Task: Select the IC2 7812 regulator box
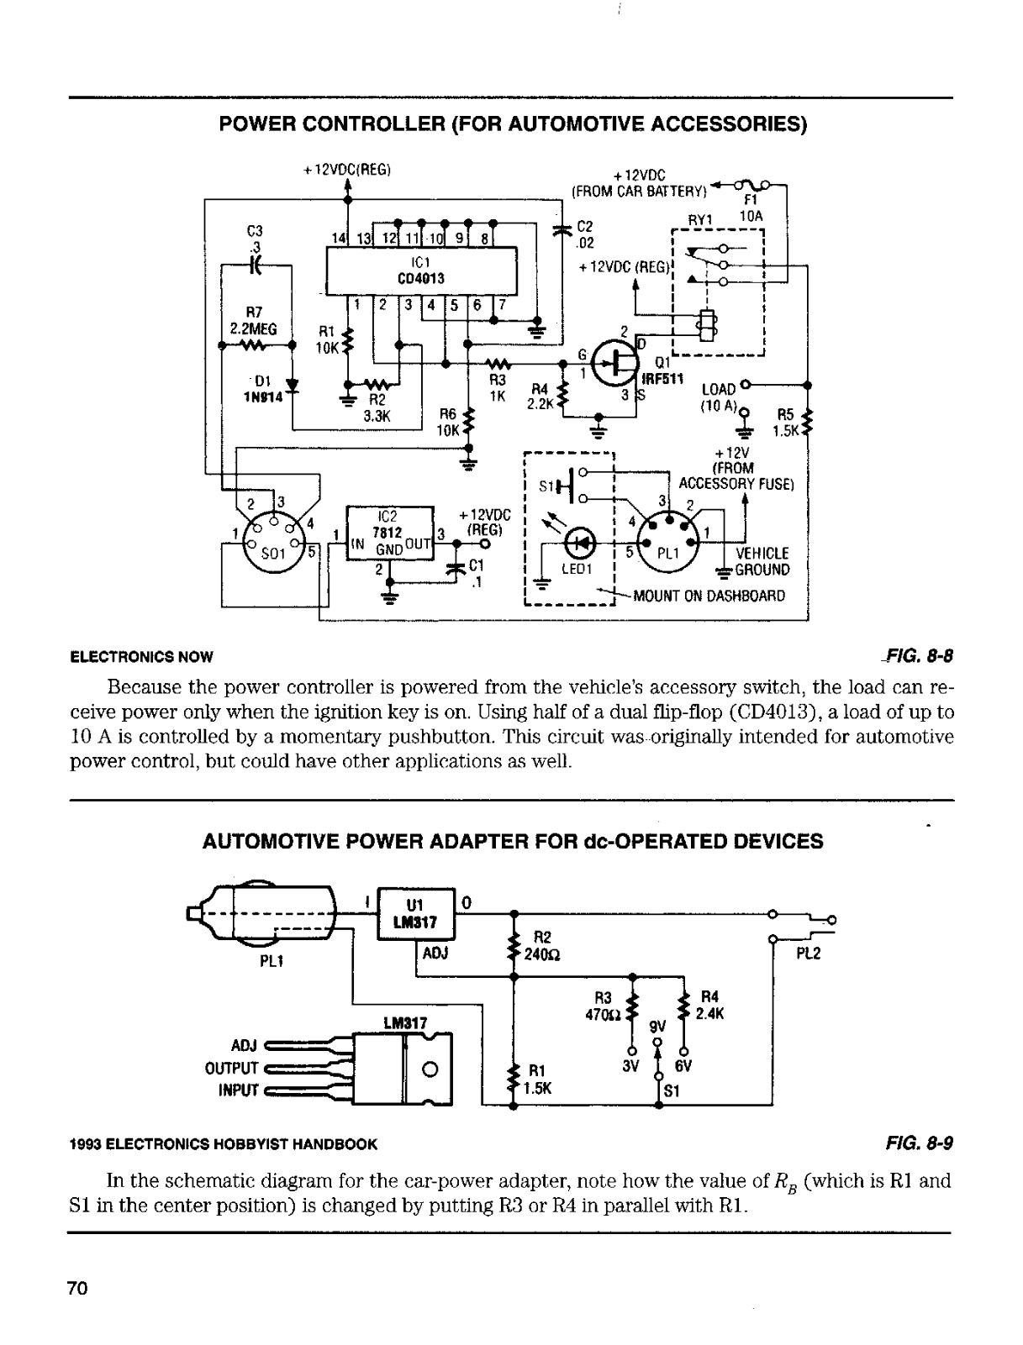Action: pos(390,533)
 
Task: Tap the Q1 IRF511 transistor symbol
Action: pos(615,363)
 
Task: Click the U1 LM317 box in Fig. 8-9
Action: pos(415,913)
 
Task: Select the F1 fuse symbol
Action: pos(752,184)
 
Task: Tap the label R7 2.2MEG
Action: pos(253,320)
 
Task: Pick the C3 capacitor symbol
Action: pos(256,265)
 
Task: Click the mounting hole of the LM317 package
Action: pos(430,1069)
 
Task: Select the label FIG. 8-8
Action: pos(918,656)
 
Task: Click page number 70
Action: pos(78,1288)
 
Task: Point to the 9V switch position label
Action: pos(657,1026)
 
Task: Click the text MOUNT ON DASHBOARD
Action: pos(709,596)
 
